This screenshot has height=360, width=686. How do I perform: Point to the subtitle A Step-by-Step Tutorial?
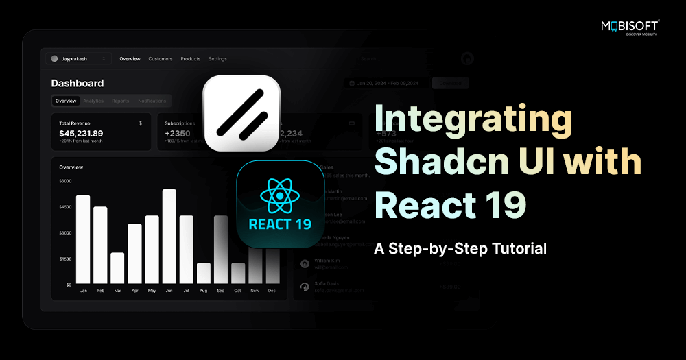[x=460, y=248]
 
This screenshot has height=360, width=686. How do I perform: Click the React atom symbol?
[x=280, y=196]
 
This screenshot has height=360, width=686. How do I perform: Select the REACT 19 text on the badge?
[x=280, y=224]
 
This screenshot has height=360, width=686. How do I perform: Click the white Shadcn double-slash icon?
[x=241, y=113]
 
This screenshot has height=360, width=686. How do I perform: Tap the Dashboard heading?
[x=78, y=83]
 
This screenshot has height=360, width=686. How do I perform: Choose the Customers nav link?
[x=161, y=59]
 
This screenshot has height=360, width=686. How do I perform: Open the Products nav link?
[x=191, y=59]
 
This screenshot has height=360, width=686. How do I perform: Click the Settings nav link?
[x=217, y=59]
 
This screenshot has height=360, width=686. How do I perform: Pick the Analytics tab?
[x=93, y=101]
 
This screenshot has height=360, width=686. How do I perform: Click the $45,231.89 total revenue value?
[x=81, y=133]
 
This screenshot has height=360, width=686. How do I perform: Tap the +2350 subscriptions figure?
[x=177, y=133]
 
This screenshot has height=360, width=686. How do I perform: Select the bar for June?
[x=169, y=236]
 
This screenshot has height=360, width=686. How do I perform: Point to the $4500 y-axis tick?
[x=65, y=207]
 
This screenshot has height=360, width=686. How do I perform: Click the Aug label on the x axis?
[x=204, y=291]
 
